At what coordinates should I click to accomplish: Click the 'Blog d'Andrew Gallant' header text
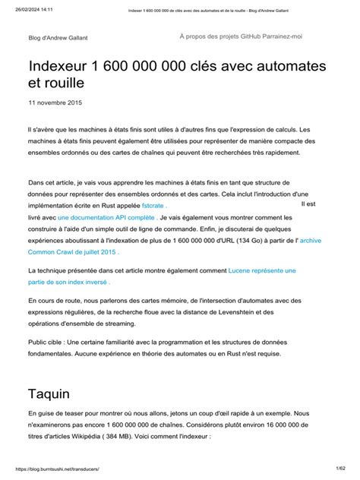click(59, 37)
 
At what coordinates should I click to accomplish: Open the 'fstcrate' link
click(153, 205)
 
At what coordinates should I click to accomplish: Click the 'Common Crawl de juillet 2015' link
click(72, 251)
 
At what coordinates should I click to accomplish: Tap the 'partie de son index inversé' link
click(68, 281)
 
